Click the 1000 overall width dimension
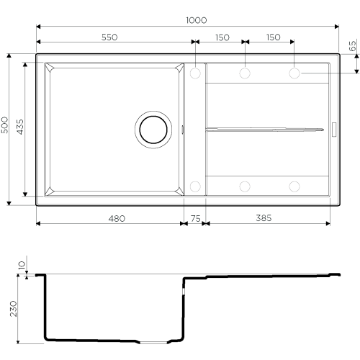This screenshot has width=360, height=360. pos(197,20)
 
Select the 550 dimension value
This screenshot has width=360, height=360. pos(109,37)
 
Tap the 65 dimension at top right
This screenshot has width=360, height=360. pos(352,46)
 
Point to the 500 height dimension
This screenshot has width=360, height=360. pos(4,125)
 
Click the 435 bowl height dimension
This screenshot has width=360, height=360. pos(20,127)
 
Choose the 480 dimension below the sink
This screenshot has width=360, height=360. pos(117,218)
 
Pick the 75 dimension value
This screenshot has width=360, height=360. pos(195,218)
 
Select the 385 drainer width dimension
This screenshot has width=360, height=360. pos(264,218)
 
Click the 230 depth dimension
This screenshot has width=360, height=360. pos(14,309)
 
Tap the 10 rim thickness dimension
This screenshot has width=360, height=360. pos(22,265)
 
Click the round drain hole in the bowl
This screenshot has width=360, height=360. pos(153,130)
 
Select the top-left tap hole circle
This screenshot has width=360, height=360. pos(195,73)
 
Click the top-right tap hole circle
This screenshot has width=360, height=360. pos(294,73)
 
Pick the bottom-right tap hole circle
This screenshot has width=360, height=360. pos(294,186)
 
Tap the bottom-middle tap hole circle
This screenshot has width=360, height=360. pos(245,186)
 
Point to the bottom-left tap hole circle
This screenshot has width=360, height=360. pos(195,186)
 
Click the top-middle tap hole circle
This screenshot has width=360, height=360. pos(245,73)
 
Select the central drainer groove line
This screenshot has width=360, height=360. pos(265,130)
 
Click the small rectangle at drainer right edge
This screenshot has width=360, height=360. pos(334,130)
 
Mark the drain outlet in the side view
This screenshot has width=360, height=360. pos(153,342)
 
